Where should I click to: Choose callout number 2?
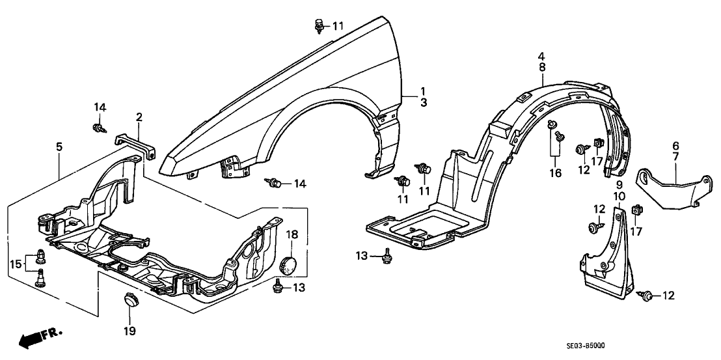pos(139,117)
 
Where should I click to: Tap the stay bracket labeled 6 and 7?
pos(667,188)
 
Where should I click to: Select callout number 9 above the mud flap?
pos(619,186)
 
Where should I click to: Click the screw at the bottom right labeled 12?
pos(649,296)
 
